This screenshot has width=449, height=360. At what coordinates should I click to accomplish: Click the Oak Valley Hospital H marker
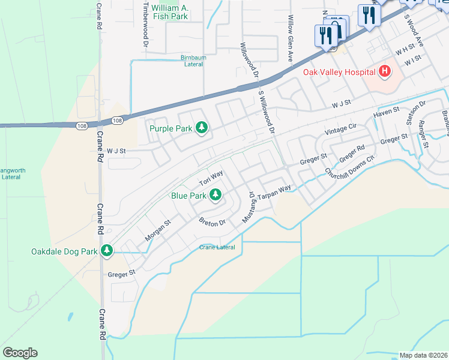tap(385, 73)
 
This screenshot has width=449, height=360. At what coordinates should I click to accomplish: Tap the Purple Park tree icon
tap(203, 127)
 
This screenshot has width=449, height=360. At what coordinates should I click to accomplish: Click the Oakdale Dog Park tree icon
tap(107, 251)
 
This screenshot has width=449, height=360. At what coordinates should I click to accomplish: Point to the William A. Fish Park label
tap(170, 12)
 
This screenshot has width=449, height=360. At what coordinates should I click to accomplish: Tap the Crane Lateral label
tap(217, 247)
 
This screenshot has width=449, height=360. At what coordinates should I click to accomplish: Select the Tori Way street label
tap(211, 176)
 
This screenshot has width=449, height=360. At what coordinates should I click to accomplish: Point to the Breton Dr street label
tap(212, 221)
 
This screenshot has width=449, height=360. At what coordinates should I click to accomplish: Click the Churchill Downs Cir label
tap(350, 166)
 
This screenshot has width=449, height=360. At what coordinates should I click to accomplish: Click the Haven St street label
tap(386, 112)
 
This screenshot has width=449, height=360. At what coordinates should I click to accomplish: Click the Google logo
tap(20, 353)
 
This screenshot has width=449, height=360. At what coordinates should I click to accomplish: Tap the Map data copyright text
tap(423, 355)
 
